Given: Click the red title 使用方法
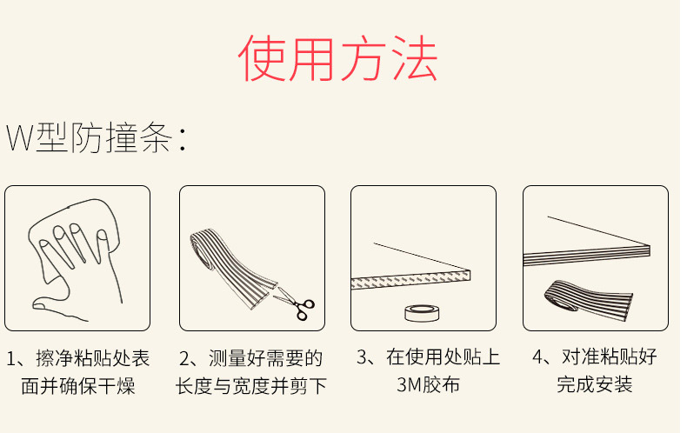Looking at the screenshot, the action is point(337,58).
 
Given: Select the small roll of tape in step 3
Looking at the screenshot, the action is point(422,313).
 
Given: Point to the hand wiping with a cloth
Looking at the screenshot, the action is point(76,258).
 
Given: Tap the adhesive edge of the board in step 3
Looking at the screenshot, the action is point(410,279).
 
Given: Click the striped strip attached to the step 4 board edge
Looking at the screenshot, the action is point(587,255).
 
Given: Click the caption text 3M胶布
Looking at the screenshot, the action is point(428,384).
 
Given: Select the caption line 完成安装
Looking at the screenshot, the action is point(595,384).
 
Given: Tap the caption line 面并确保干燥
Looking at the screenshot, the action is point(78,386).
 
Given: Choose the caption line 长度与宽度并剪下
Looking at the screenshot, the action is point(251,386).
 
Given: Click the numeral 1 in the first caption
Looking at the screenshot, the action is point(11,358).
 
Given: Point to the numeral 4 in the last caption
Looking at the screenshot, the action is point(538,356).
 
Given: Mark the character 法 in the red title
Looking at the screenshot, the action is point(414,58).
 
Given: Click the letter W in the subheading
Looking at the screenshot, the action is point(20,137).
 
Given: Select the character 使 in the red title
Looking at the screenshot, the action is point(262,58).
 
